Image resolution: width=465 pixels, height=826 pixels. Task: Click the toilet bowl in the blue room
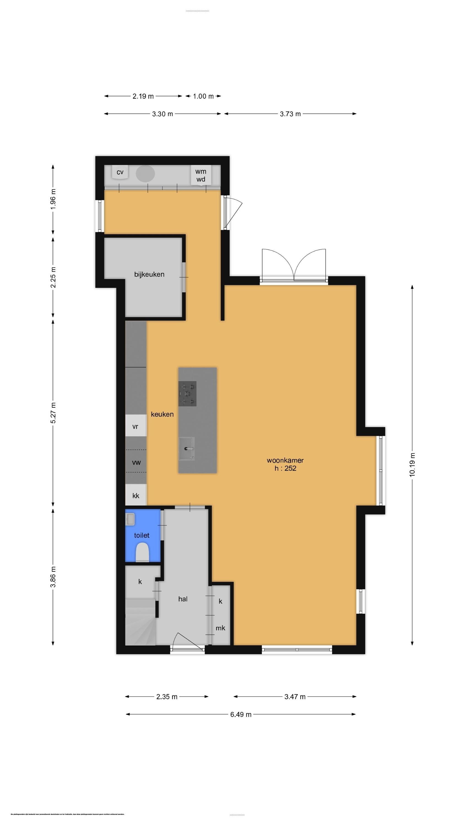click(142, 552)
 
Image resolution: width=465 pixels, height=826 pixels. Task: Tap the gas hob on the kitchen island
click(187, 394)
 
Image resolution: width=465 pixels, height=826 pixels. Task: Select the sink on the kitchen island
click(186, 448)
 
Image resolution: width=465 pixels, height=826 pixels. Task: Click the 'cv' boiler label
click(120, 172)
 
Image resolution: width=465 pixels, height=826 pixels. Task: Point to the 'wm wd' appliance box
click(201, 175)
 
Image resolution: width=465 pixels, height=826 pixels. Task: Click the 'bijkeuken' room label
click(149, 275)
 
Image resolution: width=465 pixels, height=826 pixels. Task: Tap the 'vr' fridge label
click(135, 427)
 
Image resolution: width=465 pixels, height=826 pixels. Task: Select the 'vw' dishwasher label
click(136, 462)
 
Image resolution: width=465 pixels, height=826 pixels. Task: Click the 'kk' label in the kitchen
click(136, 496)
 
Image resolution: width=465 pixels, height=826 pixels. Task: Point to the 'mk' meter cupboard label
click(220, 628)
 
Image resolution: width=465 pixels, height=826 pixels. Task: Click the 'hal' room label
click(183, 599)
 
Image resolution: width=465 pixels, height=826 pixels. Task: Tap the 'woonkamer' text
click(285, 460)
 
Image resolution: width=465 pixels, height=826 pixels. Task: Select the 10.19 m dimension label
click(412, 465)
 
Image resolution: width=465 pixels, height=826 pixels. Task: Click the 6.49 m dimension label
click(241, 714)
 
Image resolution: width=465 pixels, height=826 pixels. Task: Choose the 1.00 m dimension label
click(203, 96)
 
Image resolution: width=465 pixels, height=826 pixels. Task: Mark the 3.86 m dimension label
click(53, 577)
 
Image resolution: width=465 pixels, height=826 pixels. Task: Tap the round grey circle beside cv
click(145, 173)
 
